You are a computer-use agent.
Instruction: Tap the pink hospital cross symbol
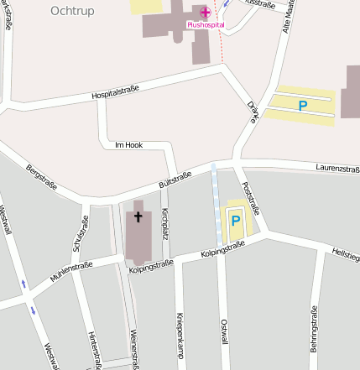[x=206, y=12]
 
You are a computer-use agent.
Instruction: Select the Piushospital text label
[x=206, y=25]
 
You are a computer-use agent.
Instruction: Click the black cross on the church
[x=138, y=217]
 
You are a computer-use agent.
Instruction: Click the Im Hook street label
[x=128, y=145]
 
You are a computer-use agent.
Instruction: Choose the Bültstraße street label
[x=175, y=180]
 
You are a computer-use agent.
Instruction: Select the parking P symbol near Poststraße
[x=236, y=221]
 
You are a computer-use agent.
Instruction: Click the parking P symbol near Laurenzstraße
[x=303, y=105]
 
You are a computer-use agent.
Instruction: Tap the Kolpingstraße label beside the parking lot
[x=222, y=248]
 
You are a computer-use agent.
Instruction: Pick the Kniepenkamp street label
[x=180, y=336]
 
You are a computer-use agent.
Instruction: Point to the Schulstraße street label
[x=81, y=232]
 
